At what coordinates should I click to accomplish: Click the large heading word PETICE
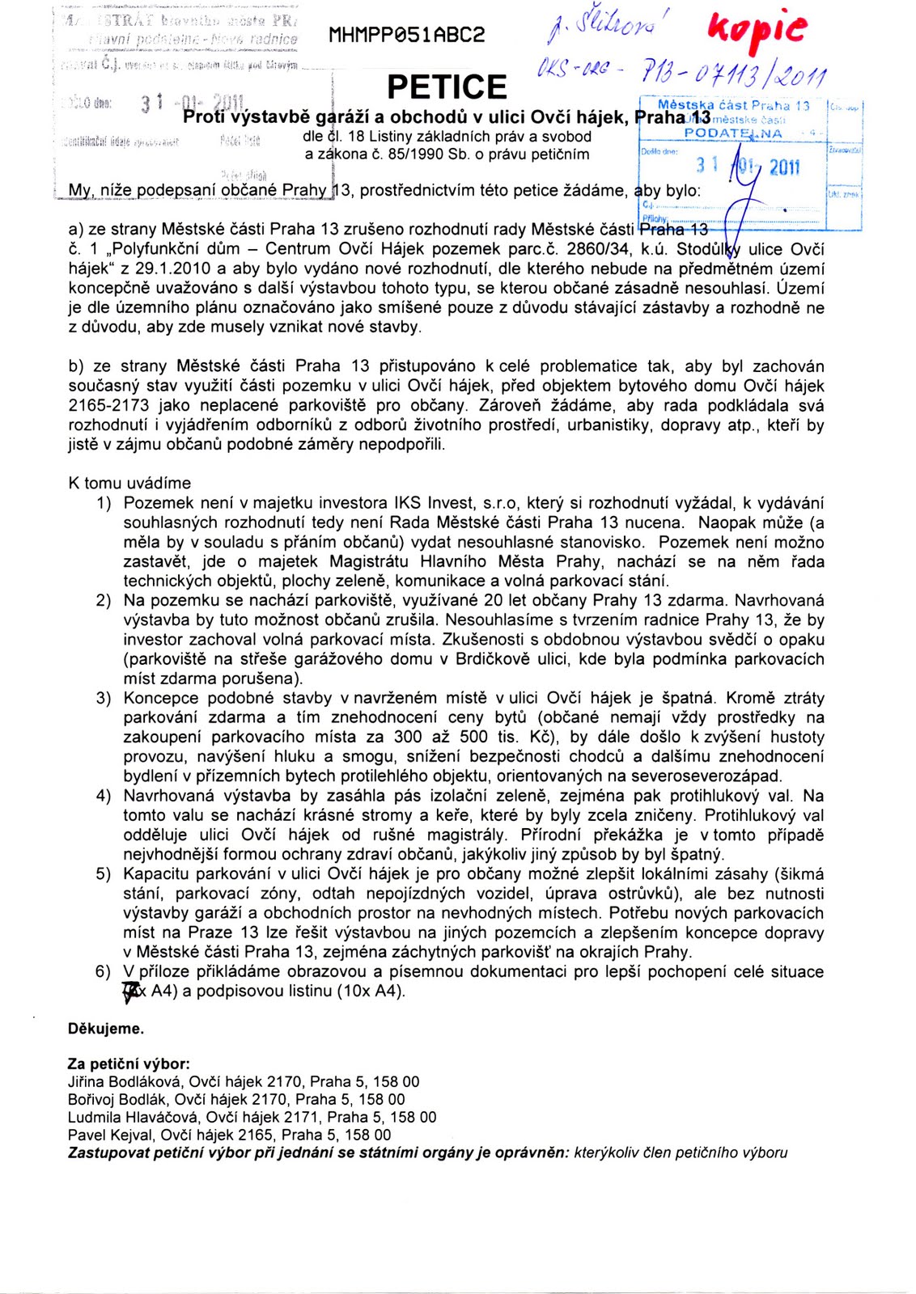click(447, 87)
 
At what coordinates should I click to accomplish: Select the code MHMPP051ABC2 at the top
click(407, 36)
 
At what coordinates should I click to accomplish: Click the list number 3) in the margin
click(104, 698)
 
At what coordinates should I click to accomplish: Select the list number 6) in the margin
click(104, 971)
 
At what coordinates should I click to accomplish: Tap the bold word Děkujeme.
click(106, 1029)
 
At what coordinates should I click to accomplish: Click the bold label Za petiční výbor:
click(129, 1064)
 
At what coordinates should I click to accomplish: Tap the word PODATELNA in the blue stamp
click(733, 133)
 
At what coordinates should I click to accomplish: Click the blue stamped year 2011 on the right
click(784, 167)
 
